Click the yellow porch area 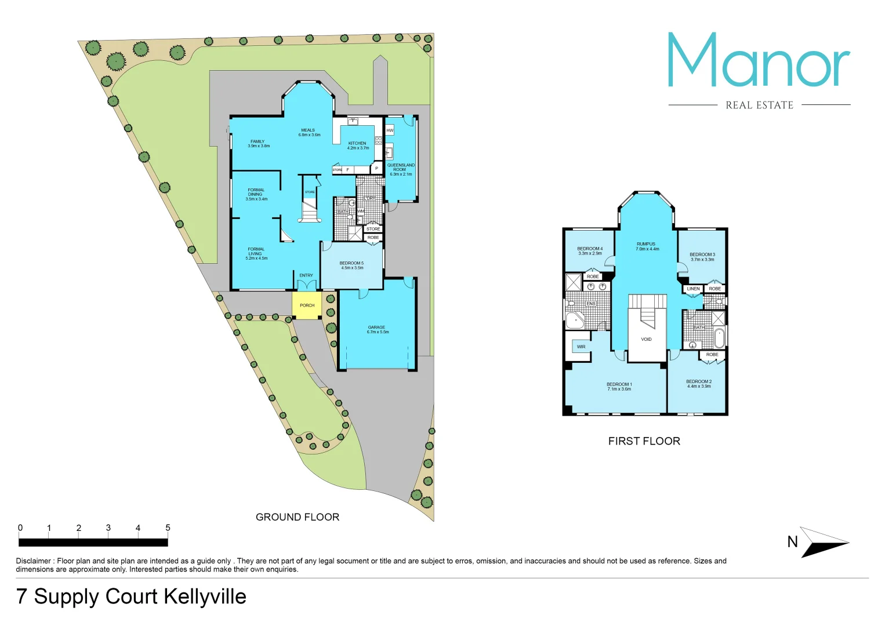307,305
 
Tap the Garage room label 377,330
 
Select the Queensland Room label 401,169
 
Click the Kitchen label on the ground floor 358,145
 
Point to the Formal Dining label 256,194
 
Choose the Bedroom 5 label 352,265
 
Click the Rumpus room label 647,246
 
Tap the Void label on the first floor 646,339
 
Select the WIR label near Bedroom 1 581,347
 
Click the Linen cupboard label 693,289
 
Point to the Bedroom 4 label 590,251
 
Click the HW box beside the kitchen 390,130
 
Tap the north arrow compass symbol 822,542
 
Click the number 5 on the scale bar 168,527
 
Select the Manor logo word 759,61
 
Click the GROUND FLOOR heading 298,517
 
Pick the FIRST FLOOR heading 644,441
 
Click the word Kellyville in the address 205,596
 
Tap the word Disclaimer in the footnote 34,561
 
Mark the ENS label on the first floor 590,304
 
